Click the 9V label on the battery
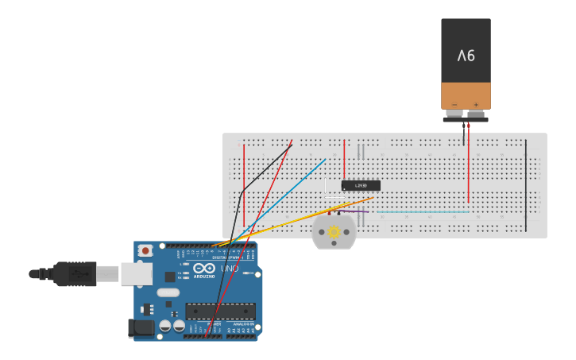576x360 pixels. click(466, 56)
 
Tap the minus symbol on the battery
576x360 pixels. click(454, 104)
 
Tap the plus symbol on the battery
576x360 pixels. click(477, 104)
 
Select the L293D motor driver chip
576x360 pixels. click(361, 185)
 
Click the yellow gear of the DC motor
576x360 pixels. click(334, 232)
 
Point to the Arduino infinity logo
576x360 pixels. click(203, 268)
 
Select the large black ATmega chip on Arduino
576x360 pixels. click(220, 311)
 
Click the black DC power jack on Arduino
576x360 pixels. click(141, 327)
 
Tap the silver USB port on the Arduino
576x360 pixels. click(136, 274)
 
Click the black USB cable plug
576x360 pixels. click(75, 273)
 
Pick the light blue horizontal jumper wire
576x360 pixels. click(422, 211)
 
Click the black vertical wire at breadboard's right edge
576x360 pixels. click(525, 185)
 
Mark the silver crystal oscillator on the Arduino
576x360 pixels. click(168, 292)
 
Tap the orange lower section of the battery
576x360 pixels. click(466, 95)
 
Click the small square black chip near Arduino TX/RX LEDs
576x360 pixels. click(170, 277)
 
